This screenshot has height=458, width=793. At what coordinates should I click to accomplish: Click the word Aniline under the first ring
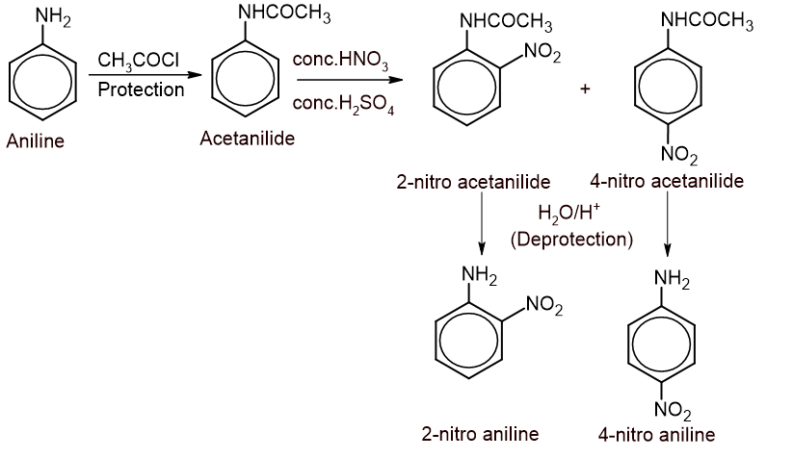coord(35,141)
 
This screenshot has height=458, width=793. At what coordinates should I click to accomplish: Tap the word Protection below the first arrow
coord(141,89)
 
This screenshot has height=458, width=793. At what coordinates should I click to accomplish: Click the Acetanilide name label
coord(248,139)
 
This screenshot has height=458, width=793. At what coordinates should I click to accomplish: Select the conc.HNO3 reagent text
coord(339,64)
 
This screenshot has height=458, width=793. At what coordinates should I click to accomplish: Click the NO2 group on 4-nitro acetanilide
coord(680,157)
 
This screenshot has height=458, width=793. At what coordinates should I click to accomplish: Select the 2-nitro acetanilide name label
coord(473,182)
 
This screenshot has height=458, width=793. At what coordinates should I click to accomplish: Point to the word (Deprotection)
coord(571,239)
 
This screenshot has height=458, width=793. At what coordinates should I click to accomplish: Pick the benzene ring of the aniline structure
coord(42,84)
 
